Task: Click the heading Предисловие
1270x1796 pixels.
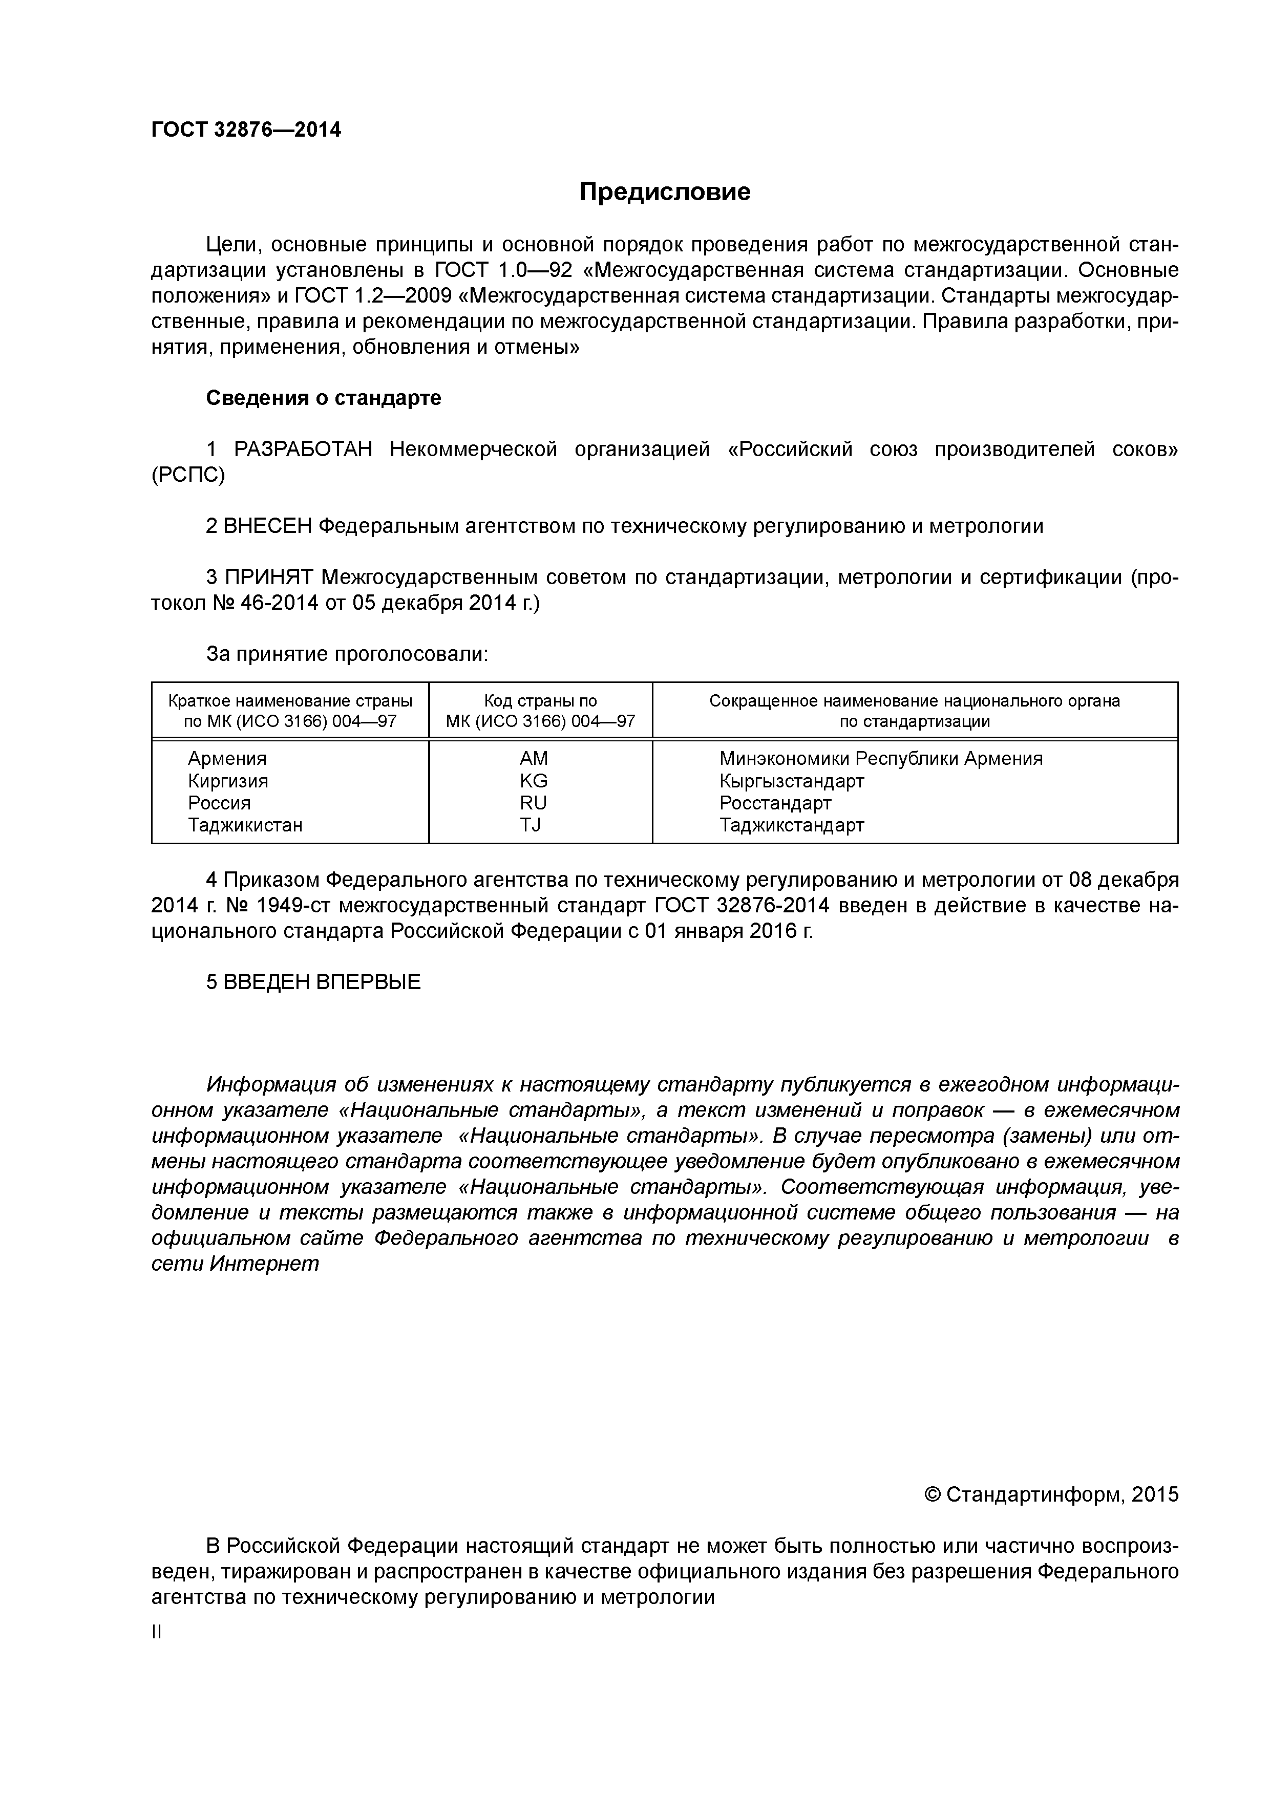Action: pyautogui.click(x=664, y=191)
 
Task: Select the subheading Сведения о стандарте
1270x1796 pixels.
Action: pyautogui.click(x=323, y=398)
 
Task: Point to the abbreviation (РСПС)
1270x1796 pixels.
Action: pyautogui.click(x=188, y=476)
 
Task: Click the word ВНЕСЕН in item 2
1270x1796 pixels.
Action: pyautogui.click(x=267, y=526)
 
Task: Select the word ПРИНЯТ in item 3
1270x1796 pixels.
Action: pyautogui.click(x=268, y=578)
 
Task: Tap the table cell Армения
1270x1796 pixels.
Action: pyautogui.click(x=227, y=759)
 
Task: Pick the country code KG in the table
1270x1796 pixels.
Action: pyautogui.click(x=533, y=781)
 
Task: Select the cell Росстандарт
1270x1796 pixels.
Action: pyautogui.click(x=775, y=803)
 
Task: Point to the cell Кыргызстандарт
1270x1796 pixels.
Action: pyautogui.click(x=791, y=781)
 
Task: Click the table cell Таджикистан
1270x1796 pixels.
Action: pyautogui.click(x=245, y=824)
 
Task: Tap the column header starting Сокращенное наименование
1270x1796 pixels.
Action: pyautogui.click(x=914, y=710)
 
